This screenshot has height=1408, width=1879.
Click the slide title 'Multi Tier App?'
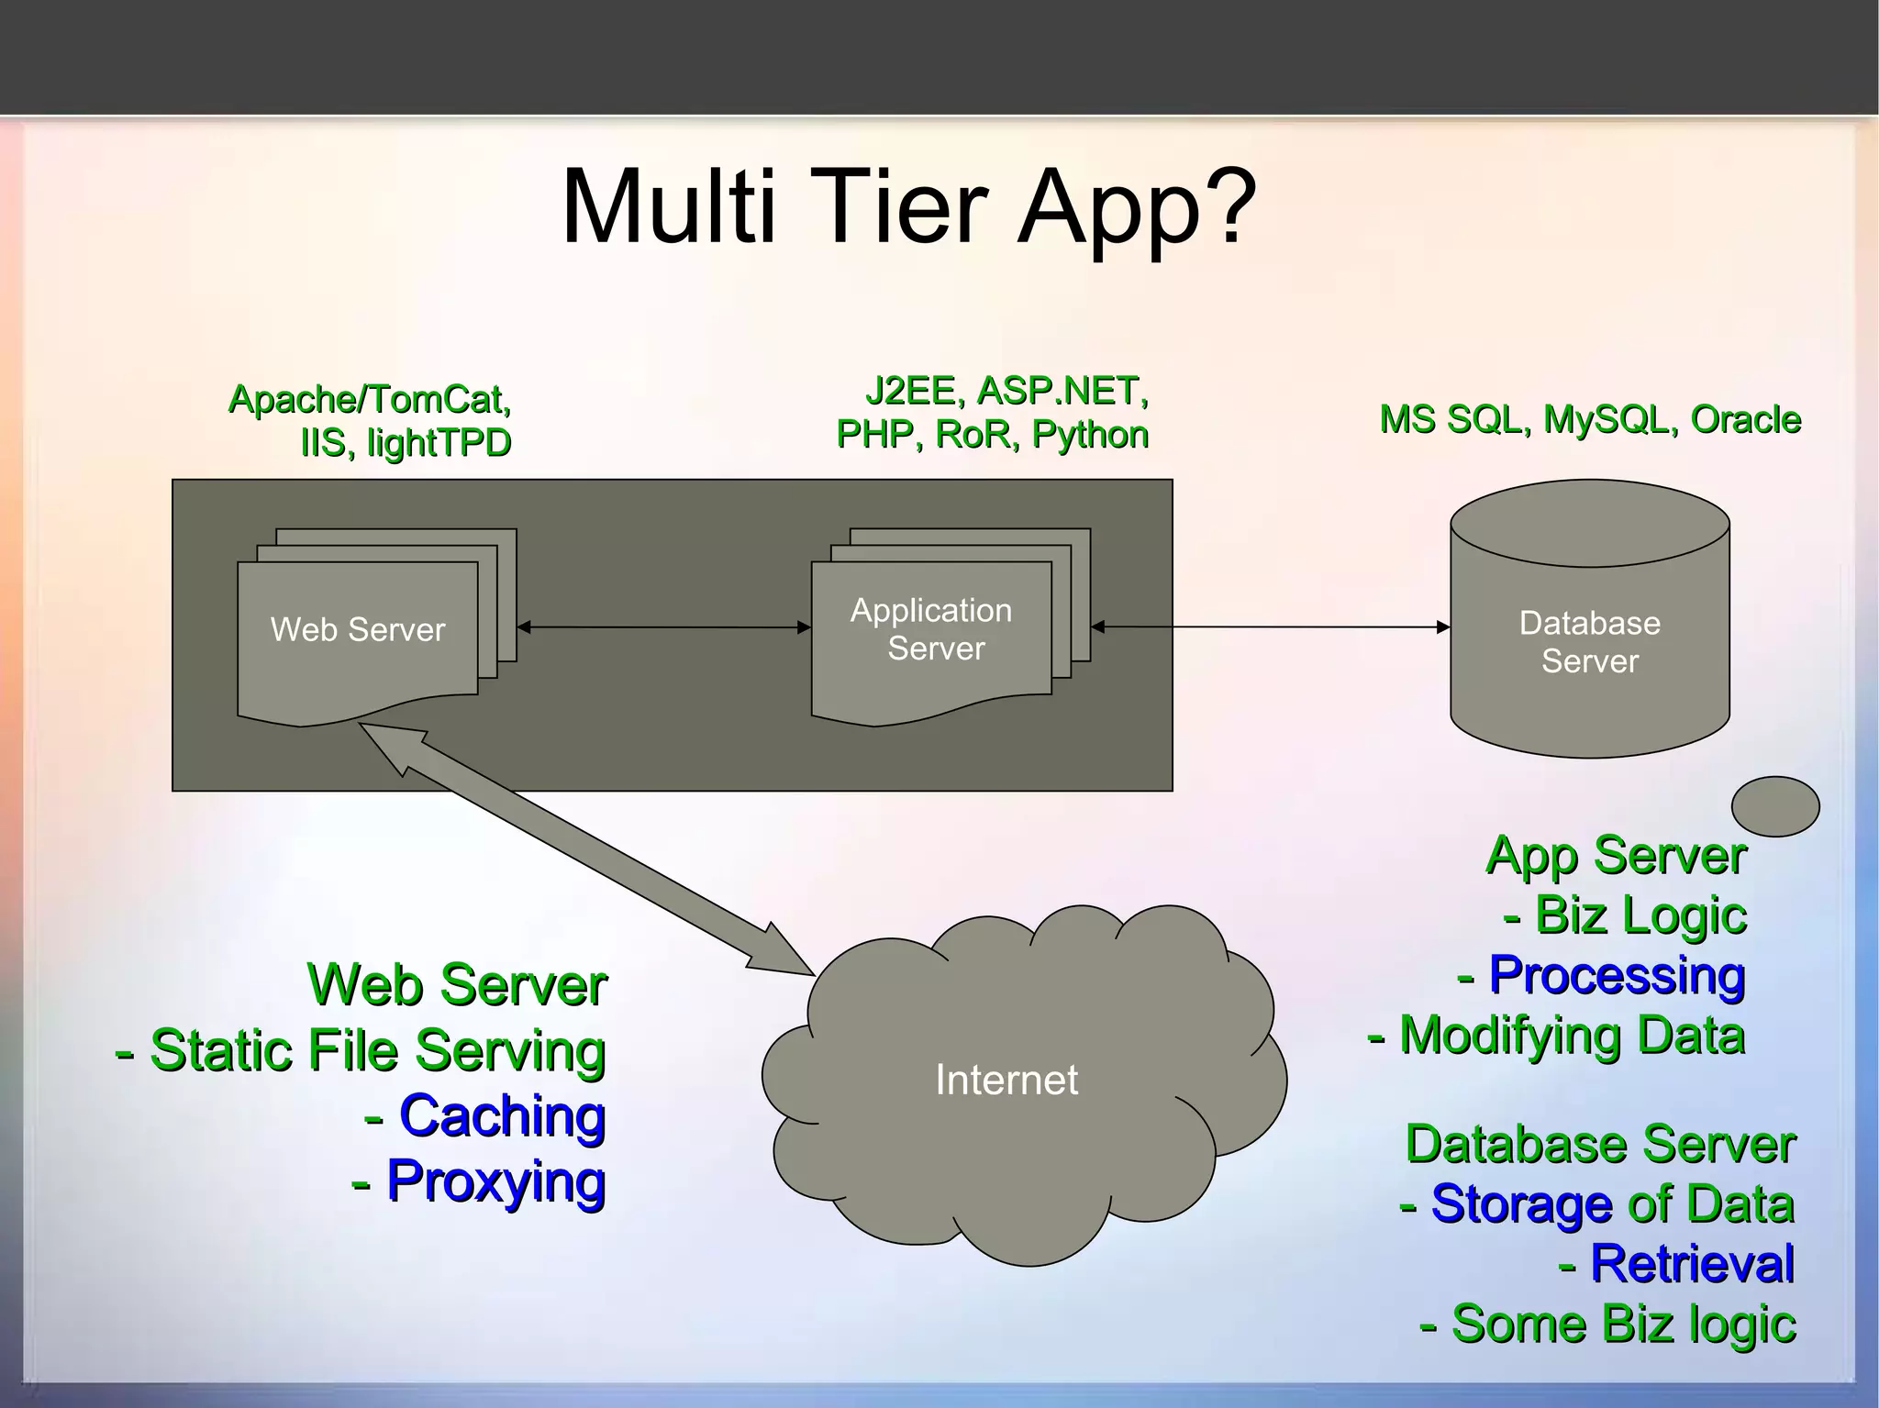[908, 207]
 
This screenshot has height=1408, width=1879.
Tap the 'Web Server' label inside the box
[358, 629]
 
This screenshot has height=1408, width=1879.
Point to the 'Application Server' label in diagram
[932, 629]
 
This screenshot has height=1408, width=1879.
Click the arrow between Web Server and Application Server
[663, 627]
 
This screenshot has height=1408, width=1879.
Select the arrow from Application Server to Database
[1271, 627]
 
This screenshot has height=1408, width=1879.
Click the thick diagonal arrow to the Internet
[587, 849]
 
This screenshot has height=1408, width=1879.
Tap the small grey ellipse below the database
[1774, 806]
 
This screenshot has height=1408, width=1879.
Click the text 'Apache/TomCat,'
[370, 400]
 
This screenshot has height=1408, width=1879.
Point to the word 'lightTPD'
[439, 443]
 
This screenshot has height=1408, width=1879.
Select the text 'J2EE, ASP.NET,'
[1006, 392]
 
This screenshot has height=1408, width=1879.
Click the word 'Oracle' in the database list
[1745, 420]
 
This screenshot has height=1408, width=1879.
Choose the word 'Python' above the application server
[1090, 435]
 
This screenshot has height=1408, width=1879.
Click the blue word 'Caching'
[502, 1116]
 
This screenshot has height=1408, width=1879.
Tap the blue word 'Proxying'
[495, 1181]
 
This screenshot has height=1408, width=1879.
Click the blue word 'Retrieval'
[1692, 1264]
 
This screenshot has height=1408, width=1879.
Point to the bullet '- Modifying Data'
[1556, 1036]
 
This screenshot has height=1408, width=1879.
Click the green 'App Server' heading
[1616, 856]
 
